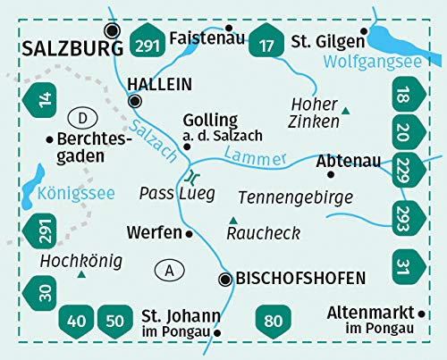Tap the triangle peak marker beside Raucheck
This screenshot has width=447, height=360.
[233, 220]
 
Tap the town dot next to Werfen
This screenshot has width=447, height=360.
[189, 233]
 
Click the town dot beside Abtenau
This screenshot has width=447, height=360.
[318, 161]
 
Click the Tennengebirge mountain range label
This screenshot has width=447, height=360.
[296, 197]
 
